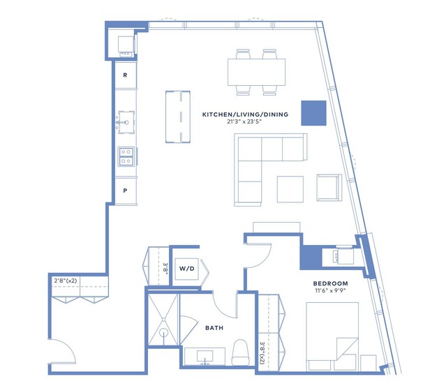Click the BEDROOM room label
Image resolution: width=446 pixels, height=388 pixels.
(330, 283)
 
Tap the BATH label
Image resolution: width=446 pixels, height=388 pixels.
(214, 328)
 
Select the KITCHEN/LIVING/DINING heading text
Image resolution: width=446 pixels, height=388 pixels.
(245, 114)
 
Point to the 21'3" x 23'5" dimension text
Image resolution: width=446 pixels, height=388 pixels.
(244, 121)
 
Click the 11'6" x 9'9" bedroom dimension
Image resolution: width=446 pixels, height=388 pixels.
(330, 291)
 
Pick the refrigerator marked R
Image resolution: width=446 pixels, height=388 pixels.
(126, 75)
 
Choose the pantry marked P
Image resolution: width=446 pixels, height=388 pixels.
(126, 191)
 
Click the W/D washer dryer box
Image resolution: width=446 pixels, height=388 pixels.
(187, 269)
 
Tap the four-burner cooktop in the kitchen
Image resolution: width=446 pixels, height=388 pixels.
(126, 156)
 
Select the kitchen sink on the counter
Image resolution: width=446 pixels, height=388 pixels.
(126, 122)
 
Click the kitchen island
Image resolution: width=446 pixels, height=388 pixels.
(178, 117)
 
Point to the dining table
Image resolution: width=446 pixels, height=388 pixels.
(257, 72)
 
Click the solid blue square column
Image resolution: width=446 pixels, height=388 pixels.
(314, 113)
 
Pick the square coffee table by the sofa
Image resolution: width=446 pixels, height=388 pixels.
(290, 189)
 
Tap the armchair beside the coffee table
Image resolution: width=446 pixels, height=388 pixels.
(329, 188)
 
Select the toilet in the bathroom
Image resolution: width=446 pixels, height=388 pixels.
(240, 352)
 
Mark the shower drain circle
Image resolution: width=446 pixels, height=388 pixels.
(163, 332)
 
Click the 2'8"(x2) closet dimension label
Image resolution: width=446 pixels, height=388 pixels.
(66, 281)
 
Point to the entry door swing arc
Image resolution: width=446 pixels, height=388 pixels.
(68, 345)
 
